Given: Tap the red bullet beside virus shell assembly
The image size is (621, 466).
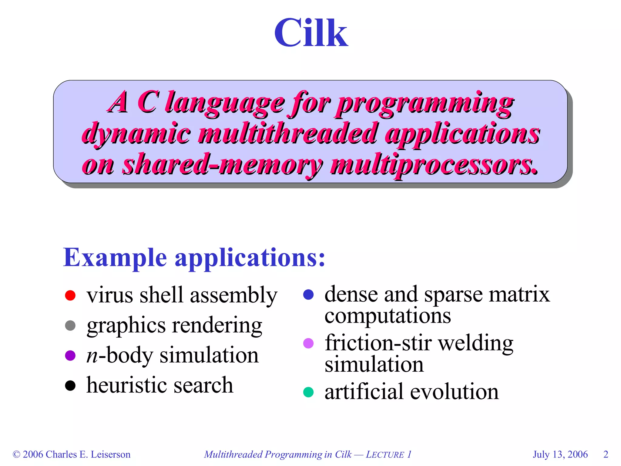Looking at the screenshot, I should tap(70, 295).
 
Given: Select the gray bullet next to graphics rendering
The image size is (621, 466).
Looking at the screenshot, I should tap(70, 326).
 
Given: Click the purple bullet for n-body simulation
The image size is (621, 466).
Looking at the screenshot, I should tap(70, 355).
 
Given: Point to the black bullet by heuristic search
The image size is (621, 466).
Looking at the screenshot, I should tap(70, 386).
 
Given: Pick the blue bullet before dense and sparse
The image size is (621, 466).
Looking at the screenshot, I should tap(308, 295).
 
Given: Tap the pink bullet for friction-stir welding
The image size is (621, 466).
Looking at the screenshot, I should tap(308, 343).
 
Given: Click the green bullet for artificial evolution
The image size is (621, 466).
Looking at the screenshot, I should tap(308, 392).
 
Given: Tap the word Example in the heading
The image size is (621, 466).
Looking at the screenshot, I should tap(115, 258).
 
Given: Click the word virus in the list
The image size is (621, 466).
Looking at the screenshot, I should tap(109, 295).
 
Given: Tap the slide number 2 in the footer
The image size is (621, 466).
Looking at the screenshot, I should tap(606, 454).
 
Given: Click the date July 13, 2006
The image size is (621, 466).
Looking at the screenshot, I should tap(560, 454).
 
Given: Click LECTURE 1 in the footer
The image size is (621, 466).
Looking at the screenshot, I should tap(388, 454).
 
